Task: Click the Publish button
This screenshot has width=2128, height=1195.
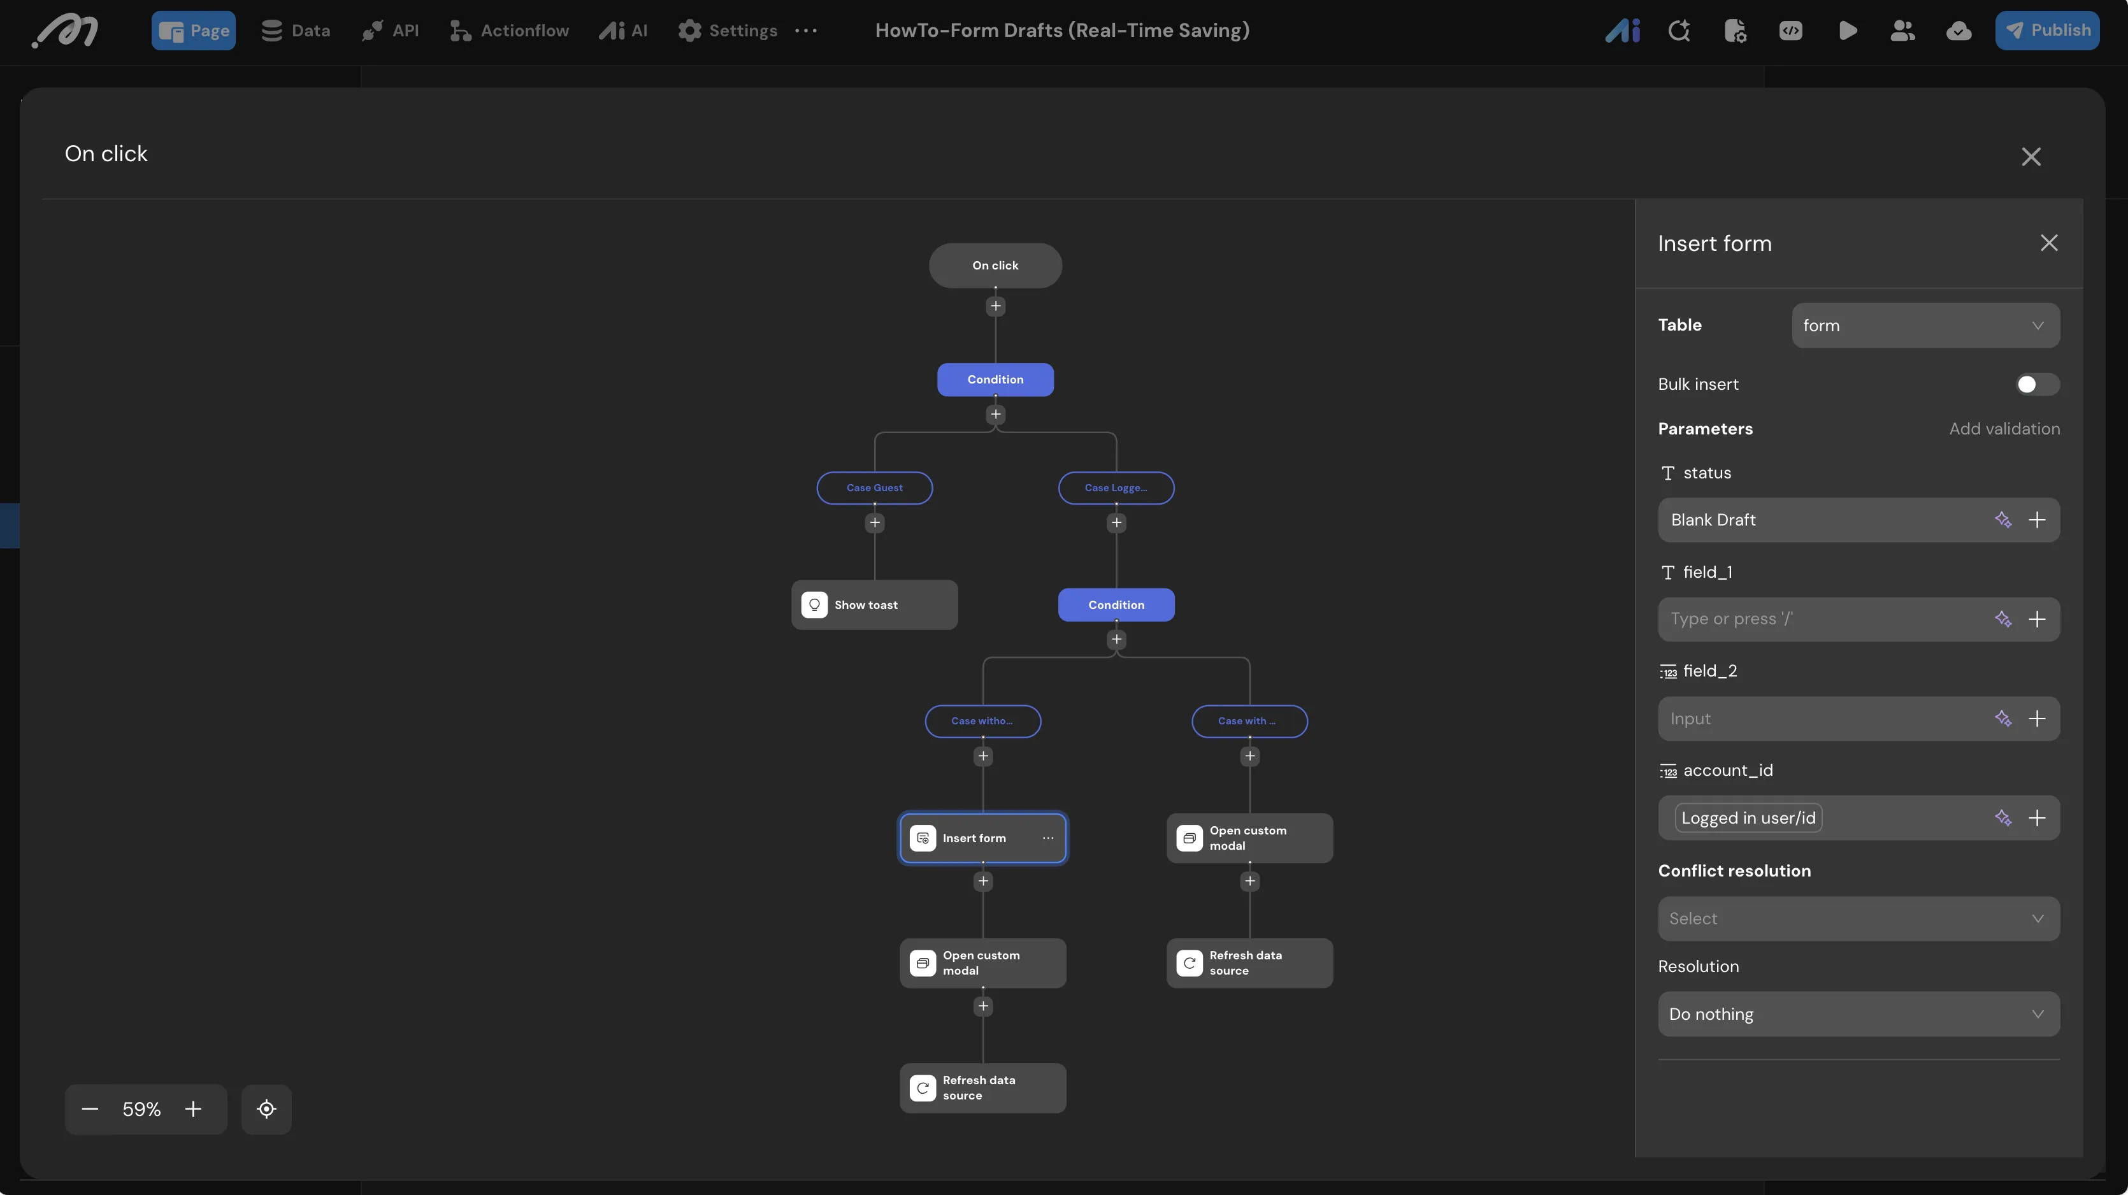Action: point(2046,31)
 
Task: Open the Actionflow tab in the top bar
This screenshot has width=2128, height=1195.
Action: point(509,31)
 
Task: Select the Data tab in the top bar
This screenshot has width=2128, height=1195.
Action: point(296,31)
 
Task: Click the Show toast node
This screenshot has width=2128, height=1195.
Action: point(874,605)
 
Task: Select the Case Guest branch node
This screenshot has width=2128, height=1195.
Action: point(874,488)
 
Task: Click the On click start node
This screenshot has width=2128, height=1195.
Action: point(995,265)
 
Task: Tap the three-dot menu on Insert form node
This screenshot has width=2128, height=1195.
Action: point(1047,838)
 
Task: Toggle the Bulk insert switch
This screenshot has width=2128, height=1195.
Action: point(2036,385)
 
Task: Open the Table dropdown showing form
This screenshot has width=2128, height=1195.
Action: point(1925,326)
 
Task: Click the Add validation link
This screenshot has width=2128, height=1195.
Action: point(2004,429)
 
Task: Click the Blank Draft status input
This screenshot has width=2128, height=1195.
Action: point(1822,519)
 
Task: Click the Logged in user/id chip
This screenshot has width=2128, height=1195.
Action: point(1748,819)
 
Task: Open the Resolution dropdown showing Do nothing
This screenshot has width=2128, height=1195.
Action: point(1858,1014)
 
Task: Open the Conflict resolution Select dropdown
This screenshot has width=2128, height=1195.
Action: point(1858,919)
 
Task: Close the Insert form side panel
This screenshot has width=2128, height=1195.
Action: point(2049,243)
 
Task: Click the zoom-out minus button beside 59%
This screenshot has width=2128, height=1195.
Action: point(90,1109)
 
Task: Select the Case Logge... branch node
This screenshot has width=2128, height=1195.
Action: point(1116,488)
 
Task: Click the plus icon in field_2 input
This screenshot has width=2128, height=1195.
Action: point(2037,719)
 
